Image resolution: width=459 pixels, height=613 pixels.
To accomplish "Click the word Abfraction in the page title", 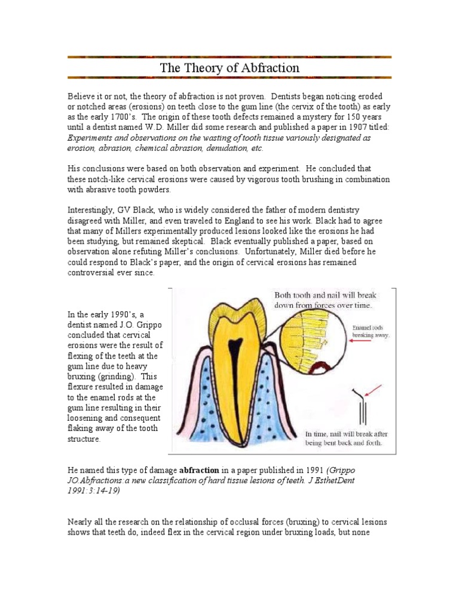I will (270, 68).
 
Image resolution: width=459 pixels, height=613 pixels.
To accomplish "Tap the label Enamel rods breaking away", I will (370, 332).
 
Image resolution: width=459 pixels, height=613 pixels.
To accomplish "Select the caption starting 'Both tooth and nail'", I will (325, 299).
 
